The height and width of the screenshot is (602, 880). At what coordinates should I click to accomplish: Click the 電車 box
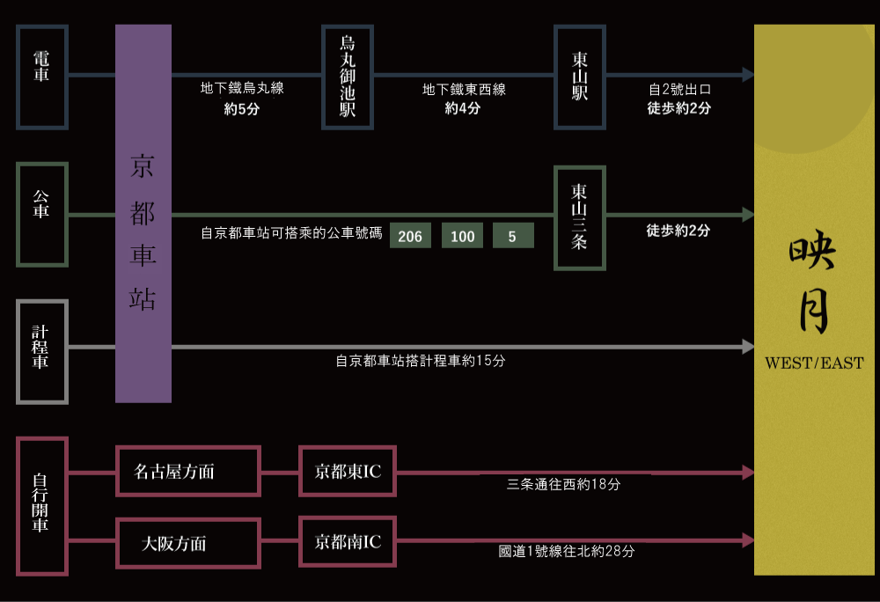point(41,77)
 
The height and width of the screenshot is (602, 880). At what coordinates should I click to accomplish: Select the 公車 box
point(41,214)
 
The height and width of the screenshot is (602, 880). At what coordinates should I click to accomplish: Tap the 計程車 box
point(41,351)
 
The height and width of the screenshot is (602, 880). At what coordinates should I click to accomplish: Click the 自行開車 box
point(41,505)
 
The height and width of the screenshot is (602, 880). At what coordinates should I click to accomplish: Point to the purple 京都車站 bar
point(143,214)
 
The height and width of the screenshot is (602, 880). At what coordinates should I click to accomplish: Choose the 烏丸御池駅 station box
point(348,77)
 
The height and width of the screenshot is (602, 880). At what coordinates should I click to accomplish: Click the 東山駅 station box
point(579,77)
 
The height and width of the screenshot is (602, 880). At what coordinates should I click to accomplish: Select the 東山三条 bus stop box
point(579,217)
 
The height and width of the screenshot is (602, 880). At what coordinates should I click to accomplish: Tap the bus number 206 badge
point(410,236)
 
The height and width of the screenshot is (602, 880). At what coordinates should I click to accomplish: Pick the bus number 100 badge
point(462,236)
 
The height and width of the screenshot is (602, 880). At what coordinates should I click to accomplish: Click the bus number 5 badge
point(513,236)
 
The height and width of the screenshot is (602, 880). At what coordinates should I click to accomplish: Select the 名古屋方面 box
point(187,472)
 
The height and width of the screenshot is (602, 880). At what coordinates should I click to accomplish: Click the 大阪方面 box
point(187,543)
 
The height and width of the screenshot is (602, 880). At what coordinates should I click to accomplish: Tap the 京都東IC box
point(348,472)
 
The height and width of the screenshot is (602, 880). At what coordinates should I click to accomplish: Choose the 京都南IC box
point(348,542)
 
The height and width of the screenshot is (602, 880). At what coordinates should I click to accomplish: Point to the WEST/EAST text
point(814,363)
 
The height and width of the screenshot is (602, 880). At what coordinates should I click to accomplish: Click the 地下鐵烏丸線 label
point(242,89)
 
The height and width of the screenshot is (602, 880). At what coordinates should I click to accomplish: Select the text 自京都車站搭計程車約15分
point(421,361)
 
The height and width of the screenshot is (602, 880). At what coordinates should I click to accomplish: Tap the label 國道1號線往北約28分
point(567,552)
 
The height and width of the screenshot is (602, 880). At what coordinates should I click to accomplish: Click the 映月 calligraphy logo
point(812,285)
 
